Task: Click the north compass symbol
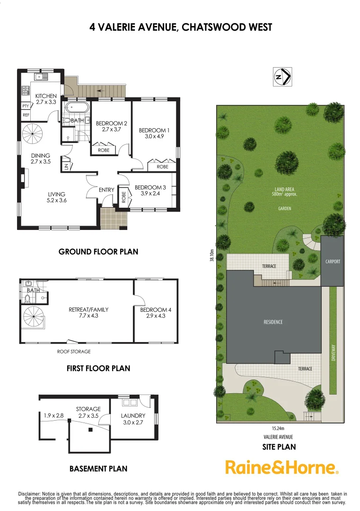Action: [x=282, y=77]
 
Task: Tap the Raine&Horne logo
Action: [x=282, y=467]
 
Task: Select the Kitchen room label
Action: [x=46, y=96]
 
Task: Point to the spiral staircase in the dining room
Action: [x=33, y=134]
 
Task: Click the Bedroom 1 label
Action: [x=153, y=130]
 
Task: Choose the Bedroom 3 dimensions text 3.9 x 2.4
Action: [x=150, y=193]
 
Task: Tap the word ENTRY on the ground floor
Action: [x=106, y=190]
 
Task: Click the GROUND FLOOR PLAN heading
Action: [x=98, y=252]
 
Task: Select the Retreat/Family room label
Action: [x=88, y=310]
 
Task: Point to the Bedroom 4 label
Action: [x=156, y=310]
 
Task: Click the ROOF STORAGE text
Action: [x=74, y=352]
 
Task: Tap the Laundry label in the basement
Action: [x=133, y=416]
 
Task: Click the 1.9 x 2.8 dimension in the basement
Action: [x=54, y=415]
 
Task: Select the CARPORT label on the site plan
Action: [x=333, y=262]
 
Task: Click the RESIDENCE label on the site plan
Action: [x=273, y=322]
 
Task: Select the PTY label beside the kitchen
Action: [x=26, y=106]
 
